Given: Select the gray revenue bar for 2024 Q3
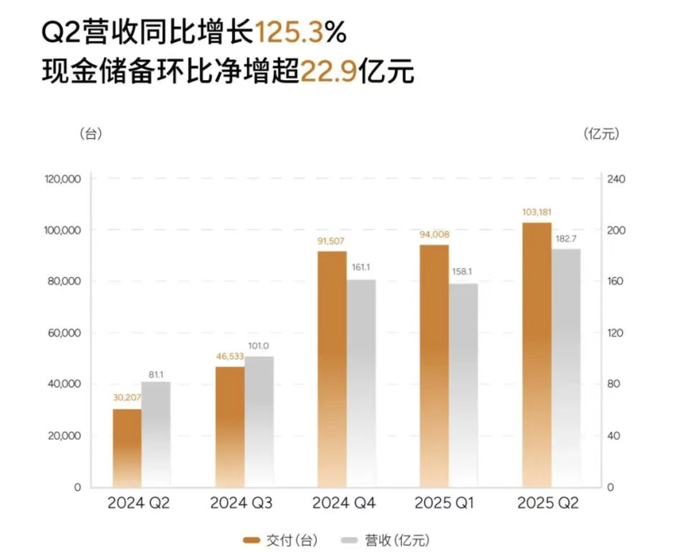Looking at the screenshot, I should click(259, 421).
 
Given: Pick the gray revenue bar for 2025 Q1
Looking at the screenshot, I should click(463, 385).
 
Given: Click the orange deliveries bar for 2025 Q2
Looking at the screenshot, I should click(537, 355).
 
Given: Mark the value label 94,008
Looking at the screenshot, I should click(434, 236).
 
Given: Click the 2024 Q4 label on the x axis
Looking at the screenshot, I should click(343, 504).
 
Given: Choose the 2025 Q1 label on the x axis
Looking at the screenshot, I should click(445, 504).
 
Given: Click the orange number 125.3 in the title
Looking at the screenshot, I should click(294, 32).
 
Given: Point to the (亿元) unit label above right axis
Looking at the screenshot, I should click(601, 134).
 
